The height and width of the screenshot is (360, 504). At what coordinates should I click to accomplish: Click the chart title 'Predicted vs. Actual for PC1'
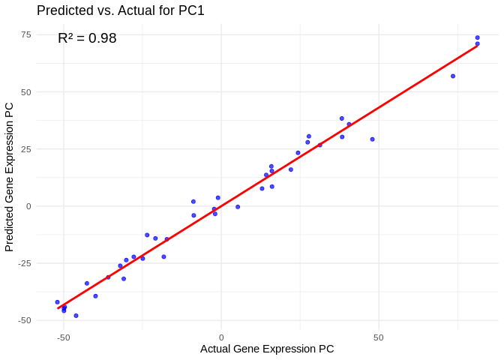pos(120,10)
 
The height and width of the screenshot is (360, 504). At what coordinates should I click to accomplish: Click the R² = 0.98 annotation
pos(87,38)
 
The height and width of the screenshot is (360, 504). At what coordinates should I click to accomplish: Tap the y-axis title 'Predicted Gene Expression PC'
pos(10,176)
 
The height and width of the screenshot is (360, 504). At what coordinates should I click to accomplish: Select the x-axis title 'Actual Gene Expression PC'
pos(267,349)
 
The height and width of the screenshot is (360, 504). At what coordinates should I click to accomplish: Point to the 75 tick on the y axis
pos(26,34)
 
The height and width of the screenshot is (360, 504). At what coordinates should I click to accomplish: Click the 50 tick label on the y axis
pos(26,92)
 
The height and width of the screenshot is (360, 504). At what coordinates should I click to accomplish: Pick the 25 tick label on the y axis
pos(26,149)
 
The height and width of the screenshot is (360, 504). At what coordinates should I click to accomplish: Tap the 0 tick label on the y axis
pos(28,206)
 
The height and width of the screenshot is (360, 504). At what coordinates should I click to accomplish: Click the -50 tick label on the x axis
pos(63,337)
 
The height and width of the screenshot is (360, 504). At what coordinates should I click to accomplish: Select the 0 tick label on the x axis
pos(221,337)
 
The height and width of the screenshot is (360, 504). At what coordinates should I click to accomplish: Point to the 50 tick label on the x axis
pos(378,337)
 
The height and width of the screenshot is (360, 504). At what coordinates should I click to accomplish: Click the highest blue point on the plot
pos(477,37)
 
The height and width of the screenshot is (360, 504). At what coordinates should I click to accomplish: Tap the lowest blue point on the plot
pos(76,316)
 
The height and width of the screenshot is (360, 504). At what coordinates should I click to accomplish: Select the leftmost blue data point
pos(57,302)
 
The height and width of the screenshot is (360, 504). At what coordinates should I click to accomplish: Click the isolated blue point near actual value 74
pos(453,76)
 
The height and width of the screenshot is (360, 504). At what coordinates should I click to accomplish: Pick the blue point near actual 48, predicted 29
pos(372,139)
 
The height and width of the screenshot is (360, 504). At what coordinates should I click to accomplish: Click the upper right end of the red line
pos(478,45)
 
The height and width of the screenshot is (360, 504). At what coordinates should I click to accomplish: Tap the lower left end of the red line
pos(58,308)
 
